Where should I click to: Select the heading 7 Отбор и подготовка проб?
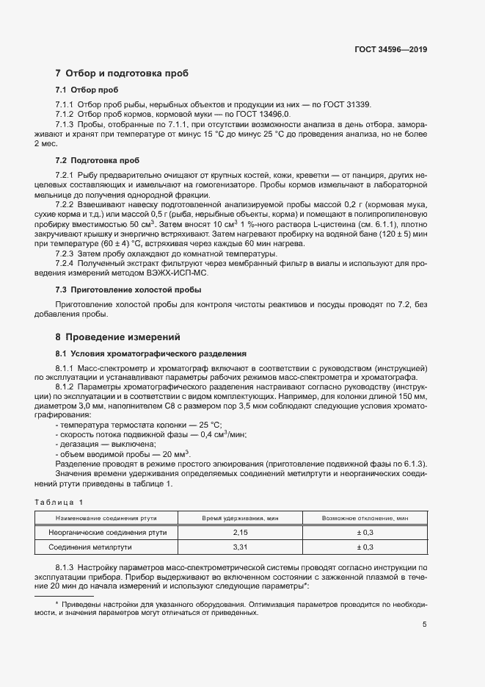click(x=122, y=73)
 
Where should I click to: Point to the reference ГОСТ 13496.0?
click(x=260, y=115)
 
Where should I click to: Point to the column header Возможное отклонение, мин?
click(x=365, y=519)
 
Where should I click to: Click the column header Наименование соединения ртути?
click(x=108, y=519)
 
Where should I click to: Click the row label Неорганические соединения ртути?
click(x=108, y=532)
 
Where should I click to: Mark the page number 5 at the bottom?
click(x=425, y=625)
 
